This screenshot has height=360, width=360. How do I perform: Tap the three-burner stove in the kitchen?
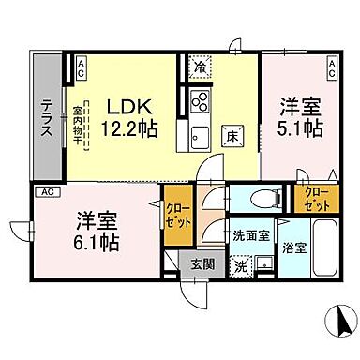(x=201, y=100)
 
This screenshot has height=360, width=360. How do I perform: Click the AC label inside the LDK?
(x=81, y=66)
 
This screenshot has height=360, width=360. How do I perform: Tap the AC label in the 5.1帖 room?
(x=331, y=66)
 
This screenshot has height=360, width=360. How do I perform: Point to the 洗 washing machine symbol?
(x=241, y=265)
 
